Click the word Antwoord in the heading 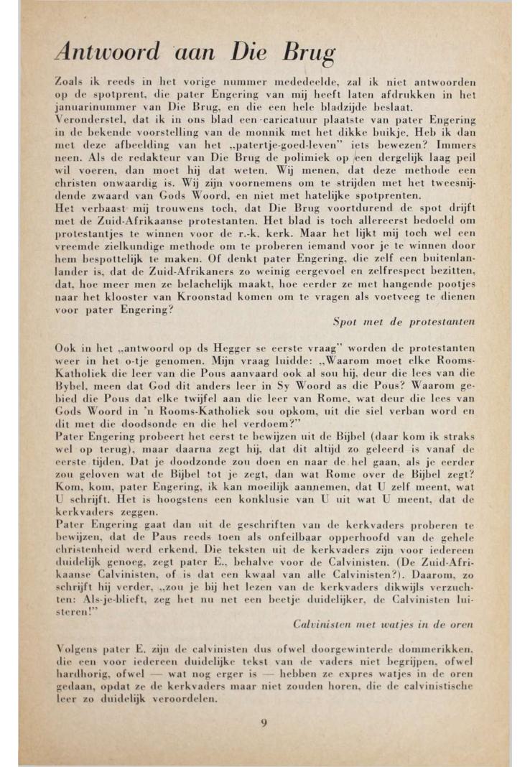108,52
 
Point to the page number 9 264,722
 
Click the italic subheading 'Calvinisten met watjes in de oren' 384,624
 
